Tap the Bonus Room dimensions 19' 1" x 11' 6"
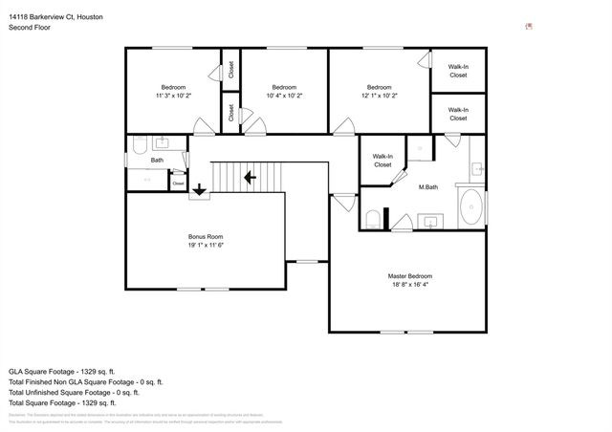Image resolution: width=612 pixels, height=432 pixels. tap(206, 246)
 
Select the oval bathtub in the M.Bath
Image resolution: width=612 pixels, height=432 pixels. tap(470, 207)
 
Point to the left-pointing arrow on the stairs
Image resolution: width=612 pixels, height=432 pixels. tap(250, 177)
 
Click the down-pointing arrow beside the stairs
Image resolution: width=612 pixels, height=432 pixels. tap(199, 189)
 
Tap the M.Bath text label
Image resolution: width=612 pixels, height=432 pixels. tap(428, 186)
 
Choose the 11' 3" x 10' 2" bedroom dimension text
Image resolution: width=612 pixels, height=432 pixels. tap(174, 96)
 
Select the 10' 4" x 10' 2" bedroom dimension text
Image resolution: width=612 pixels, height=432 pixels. tap(284, 96)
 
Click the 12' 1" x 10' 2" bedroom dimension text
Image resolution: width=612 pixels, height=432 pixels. tap(379, 96)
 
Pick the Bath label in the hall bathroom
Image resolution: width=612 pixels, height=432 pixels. tap(157, 161)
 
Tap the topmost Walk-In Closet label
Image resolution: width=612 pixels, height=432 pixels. tap(458, 71)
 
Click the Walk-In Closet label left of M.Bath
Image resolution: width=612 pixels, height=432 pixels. tap(382, 161)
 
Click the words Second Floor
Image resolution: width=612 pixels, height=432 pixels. tap(29, 28)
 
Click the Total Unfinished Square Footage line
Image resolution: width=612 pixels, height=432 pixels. tap(75, 392)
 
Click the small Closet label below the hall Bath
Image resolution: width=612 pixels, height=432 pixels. tap(178, 182)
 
